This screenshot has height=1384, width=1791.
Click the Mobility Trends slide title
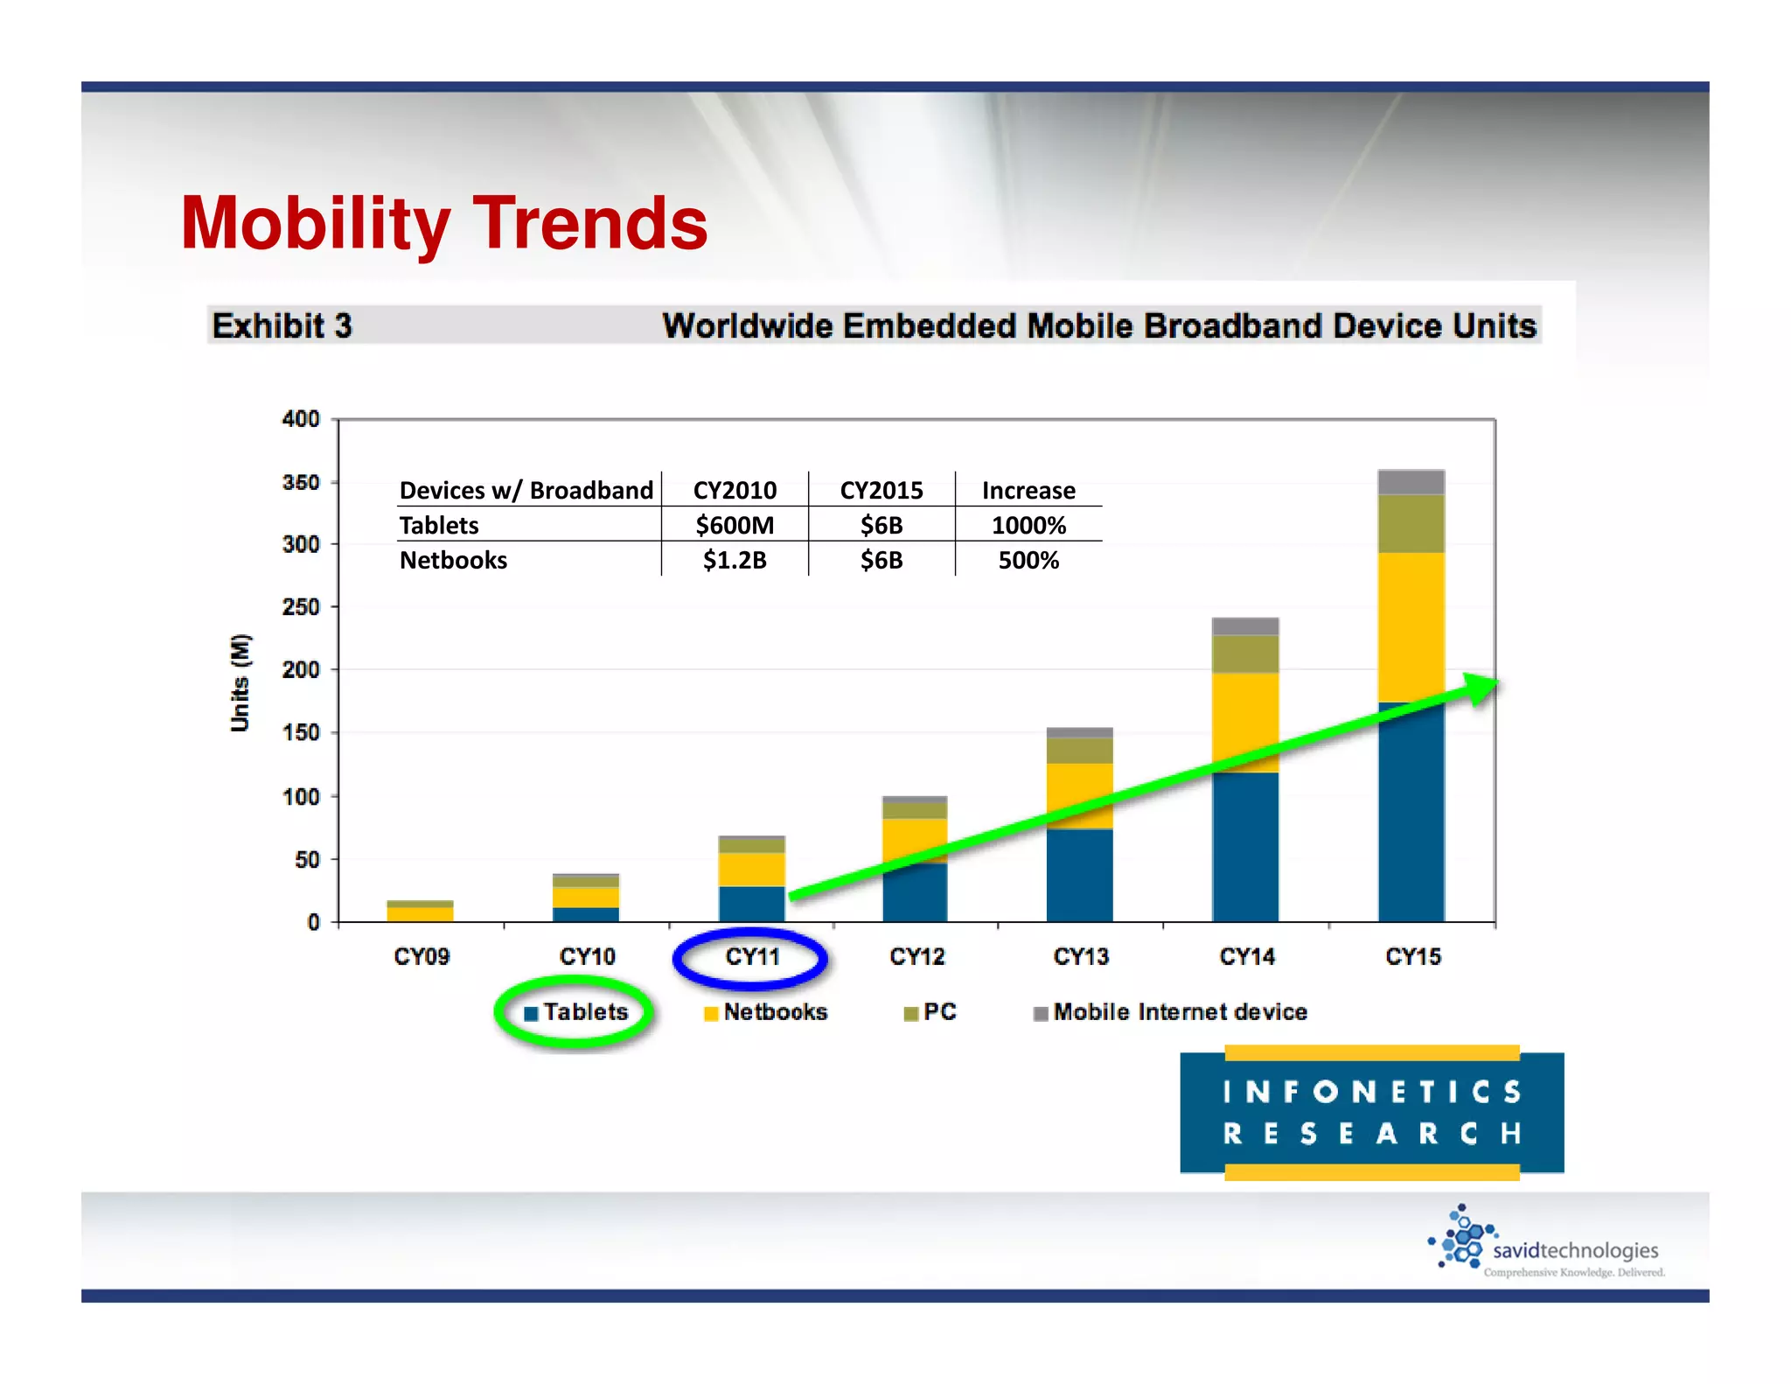pyautogui.click(x=443, y=223)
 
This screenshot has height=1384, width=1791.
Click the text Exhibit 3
pyautogui.click(x=282, y=325)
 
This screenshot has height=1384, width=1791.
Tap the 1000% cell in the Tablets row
pyautogui.click(x=1028, y=525)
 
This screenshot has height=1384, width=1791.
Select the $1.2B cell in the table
pyautogui.click(x=735, y=560)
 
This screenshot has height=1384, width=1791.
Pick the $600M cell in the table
pyautogui.click(x=735, y=525)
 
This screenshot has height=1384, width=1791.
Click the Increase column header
pyautogui.click(x=1028, y=490)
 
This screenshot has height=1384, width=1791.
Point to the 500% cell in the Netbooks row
pyautogui.click(x=1028, y=560)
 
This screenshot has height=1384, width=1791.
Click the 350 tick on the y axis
pyautogui.click(x=301, y=482)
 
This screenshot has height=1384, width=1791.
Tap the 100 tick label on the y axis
pyautogui.click(x=301, y=796)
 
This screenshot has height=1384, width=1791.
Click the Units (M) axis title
pyautogui.click(x=240, y=682)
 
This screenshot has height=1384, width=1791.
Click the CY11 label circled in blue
pyautogui.click(x=751, y=956)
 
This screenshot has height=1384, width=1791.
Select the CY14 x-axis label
pyautogui.click(x=1246, y=956)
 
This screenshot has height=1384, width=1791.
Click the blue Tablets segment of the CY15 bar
pyautogui.click(x=1411, y=831)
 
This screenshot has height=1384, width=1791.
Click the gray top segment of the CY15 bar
pyautogui.click(x=1411, y=482)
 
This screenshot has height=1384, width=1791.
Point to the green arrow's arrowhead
pyautogui.click(x=1483, y=687)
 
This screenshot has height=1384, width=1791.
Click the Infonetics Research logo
pyautogui.click(x=1371, y=1112)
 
